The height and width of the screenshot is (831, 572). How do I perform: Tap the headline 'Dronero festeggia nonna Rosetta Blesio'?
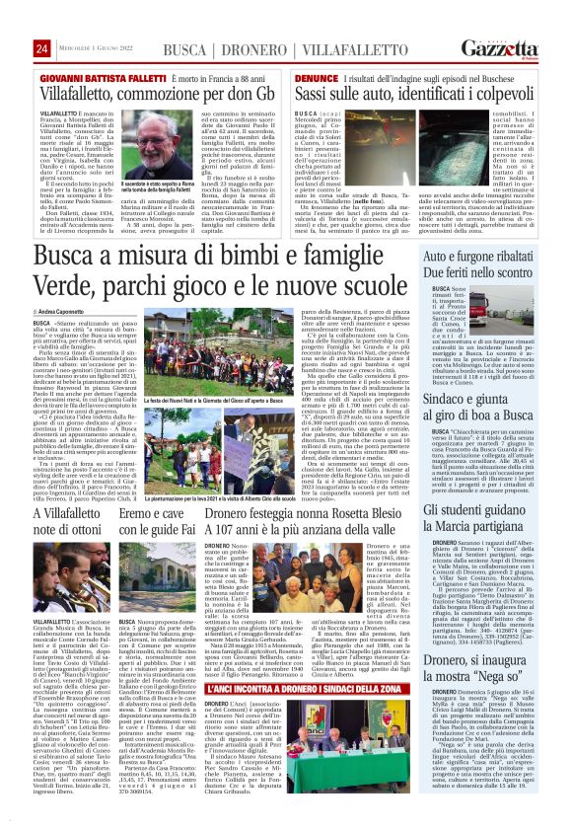[307, 513]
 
